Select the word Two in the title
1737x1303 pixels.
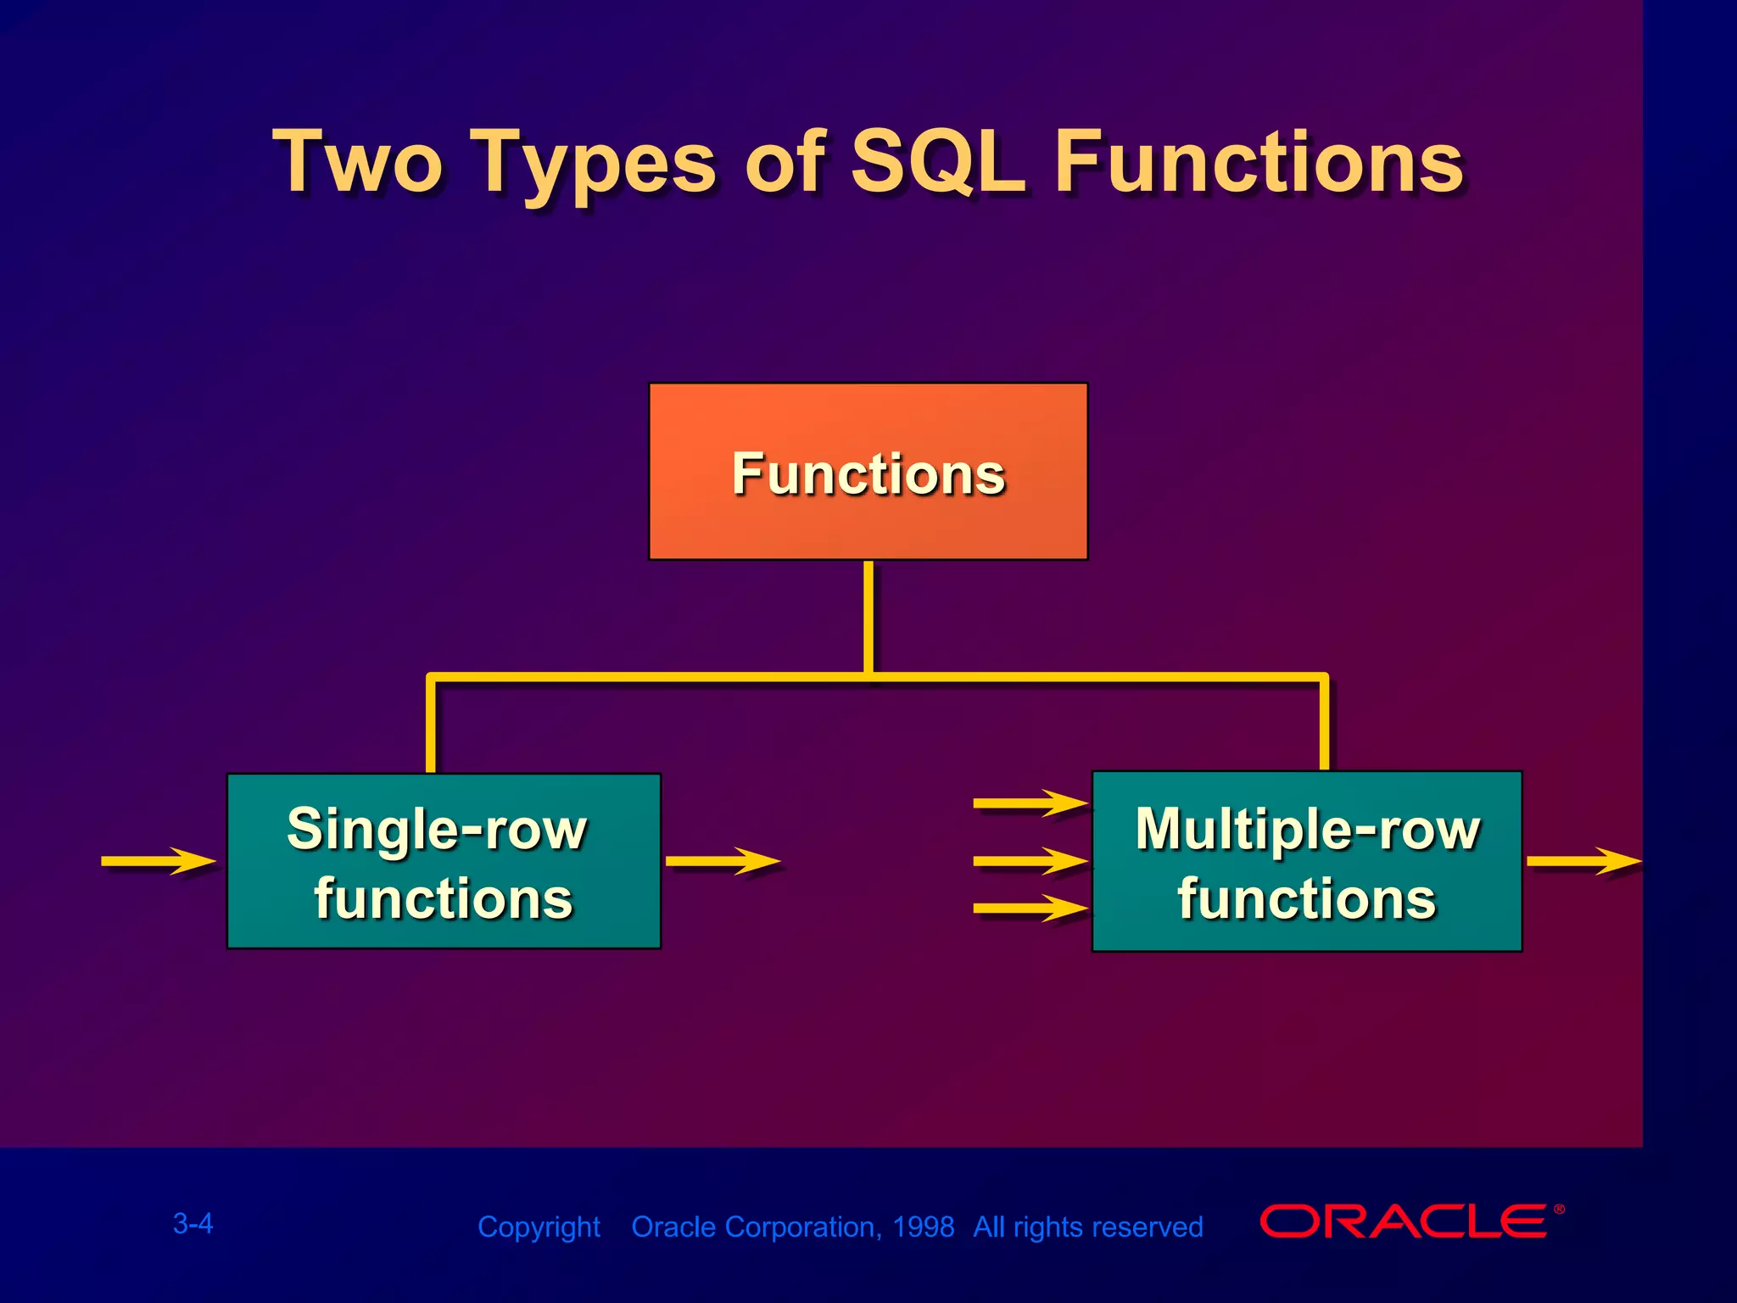358,161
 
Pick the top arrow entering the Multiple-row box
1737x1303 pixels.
1030,802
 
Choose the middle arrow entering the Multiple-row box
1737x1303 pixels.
1030,860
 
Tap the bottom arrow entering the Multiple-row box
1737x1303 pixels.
1030,909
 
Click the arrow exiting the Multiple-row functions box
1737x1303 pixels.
1583,860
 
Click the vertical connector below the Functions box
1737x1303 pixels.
868,617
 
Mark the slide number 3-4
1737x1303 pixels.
193,1223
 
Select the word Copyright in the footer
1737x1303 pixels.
539,1228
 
